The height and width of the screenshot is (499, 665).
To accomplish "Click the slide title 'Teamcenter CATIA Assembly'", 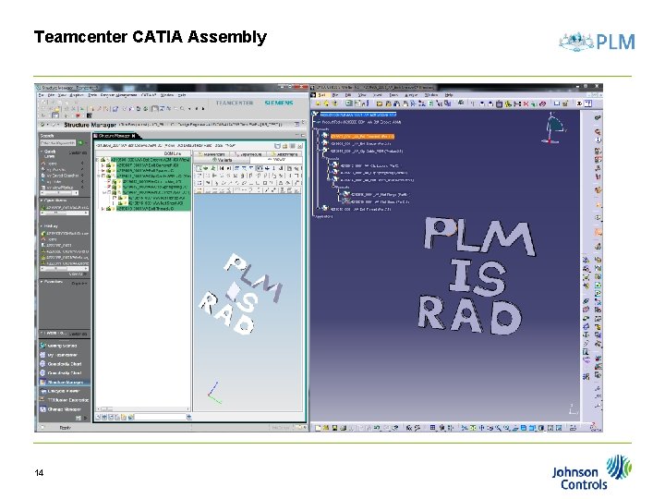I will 150,37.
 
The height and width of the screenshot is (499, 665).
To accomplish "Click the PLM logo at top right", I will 598,42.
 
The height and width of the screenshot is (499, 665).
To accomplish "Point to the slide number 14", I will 39,473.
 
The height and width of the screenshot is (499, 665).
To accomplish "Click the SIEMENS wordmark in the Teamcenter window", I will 278,103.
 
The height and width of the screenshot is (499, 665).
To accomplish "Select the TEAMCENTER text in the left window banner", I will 234,103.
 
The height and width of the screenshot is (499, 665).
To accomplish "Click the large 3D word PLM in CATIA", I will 479,237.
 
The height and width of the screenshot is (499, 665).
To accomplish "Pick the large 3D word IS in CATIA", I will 478,276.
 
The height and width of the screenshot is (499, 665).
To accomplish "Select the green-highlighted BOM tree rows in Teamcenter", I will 148,184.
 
